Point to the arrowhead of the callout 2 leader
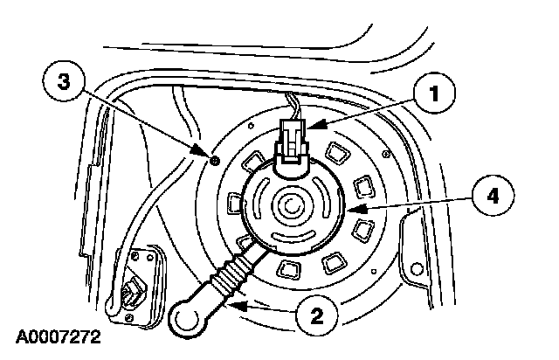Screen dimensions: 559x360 click(234, 303)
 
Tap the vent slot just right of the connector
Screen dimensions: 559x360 click(335, 155)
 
